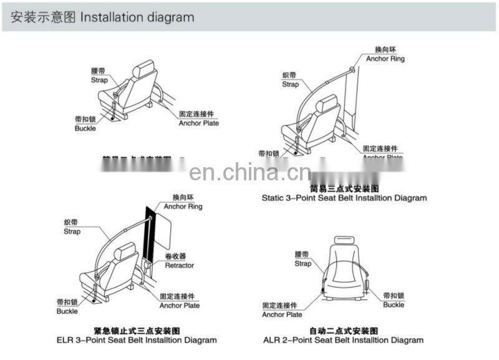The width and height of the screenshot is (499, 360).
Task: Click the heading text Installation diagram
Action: pos(137,17)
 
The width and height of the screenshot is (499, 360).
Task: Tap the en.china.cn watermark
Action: pos(249,170)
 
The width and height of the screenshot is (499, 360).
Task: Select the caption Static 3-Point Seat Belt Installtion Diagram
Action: pos(344,198)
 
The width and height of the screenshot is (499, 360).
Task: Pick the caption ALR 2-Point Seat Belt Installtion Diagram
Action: pos(344,340)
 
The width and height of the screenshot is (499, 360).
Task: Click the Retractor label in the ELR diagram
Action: pos(179,265)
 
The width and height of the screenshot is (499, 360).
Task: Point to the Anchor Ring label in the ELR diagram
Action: pos(183,207)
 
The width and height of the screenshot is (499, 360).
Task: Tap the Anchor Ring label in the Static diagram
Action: pos(385,59)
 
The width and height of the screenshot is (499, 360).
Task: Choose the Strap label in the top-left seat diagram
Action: pos(99,80)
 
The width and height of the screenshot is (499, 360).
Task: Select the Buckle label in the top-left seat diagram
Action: pos(85,128)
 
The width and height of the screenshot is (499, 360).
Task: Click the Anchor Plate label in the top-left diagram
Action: pos(198,123)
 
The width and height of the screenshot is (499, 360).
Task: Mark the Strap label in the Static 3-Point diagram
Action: pos(290,84)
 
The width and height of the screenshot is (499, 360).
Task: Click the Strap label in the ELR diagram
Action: pos(72,231)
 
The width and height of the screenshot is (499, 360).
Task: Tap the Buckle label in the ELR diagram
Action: pos(67,311)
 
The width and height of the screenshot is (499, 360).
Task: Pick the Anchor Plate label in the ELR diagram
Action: pos(180,305)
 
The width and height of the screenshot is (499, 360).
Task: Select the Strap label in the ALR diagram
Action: pos(303,263)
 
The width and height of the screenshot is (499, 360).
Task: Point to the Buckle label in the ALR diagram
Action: pos(394,304)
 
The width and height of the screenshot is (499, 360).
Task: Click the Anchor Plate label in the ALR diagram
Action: pos(282,314)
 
